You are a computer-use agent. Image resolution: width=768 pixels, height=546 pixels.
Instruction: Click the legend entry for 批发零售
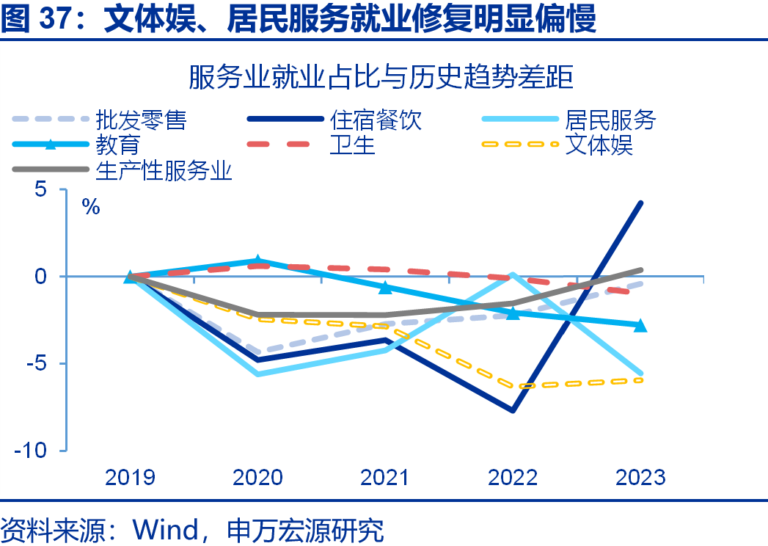141,120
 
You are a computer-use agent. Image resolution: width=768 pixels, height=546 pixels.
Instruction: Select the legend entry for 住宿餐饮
376,120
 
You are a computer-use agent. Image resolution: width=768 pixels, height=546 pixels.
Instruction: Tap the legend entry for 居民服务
610,120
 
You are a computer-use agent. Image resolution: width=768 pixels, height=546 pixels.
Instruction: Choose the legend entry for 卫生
353,145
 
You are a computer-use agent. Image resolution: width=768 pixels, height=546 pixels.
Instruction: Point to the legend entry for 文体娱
599,145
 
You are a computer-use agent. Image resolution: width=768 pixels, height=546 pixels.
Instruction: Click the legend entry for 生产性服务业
164,170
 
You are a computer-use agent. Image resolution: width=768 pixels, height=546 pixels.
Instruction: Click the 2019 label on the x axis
130,478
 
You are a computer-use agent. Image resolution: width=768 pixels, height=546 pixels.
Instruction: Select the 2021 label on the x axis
385,478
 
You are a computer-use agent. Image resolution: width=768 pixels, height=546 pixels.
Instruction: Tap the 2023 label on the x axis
640,478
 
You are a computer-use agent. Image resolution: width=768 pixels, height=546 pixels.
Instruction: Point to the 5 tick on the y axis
40,189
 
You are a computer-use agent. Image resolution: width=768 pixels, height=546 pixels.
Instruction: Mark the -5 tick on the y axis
37,364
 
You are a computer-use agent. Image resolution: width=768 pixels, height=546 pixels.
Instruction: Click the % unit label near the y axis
91,207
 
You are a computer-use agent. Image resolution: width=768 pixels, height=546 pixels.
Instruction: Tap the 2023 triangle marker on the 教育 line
640,325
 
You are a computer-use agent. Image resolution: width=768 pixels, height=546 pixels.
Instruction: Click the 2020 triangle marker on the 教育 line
257,261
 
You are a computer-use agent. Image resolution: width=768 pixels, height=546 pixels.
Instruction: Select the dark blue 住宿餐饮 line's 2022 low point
513,410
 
